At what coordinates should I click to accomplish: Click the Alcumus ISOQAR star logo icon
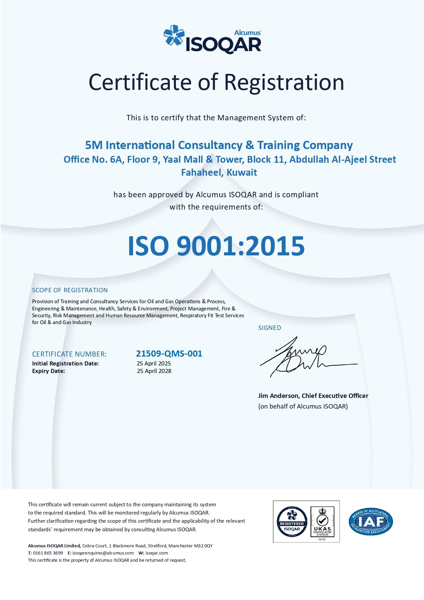[174, 35]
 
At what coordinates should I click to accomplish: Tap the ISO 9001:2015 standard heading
[216, 246]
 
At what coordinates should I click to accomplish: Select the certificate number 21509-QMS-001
[169, 354]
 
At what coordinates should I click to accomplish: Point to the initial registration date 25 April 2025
[154, 363]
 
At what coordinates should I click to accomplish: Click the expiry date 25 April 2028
[154, 371]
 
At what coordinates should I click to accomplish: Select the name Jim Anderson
[278, 396]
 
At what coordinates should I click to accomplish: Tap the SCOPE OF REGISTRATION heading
[70, 290]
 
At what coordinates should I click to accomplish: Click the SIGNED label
[270, 328]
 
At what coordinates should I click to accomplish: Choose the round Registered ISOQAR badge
[292, 522]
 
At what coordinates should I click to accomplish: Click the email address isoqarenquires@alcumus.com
[103, 553]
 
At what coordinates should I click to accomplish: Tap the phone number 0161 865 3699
[48, 553]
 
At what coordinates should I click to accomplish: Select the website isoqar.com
[156, 553]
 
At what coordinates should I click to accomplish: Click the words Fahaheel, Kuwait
[219, 172]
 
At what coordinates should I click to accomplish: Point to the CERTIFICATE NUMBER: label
[69, 354]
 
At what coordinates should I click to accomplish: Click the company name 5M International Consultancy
[164, 145]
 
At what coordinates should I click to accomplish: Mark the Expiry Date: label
[49, 371]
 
